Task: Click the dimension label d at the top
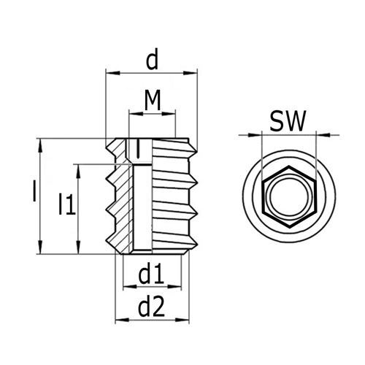click(x=152, y=61)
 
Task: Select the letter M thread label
click(x=152, y=101)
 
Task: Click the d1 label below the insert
click(x=151, y=274)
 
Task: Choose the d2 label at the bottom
click(x=151, y=307)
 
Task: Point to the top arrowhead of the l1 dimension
click(x=79, y=169)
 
